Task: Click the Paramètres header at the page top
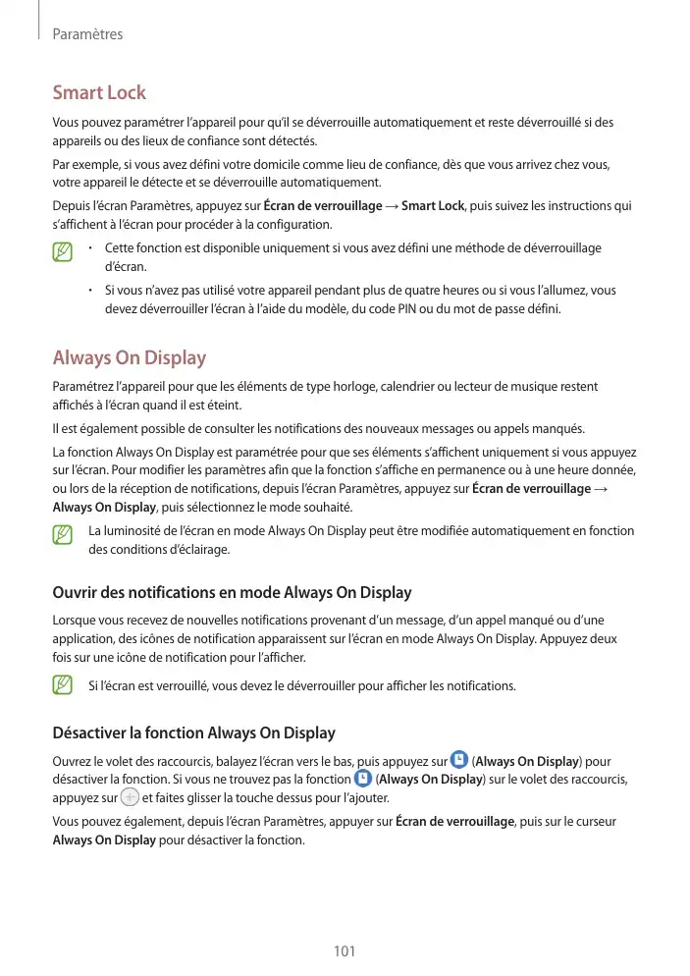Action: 87,34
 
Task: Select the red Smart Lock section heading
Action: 99,93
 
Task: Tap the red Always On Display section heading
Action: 129,357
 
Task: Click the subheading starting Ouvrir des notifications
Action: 231,592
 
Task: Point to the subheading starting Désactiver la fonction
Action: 193,732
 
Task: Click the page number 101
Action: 345,950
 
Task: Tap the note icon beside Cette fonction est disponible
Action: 64,252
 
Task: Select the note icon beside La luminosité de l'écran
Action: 64,535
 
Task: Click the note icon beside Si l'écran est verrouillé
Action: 64,684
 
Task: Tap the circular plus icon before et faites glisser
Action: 130,797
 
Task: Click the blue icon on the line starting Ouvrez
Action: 458,760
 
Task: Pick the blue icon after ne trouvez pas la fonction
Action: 362,779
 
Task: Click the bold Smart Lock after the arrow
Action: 433,206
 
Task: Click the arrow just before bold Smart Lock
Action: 391,206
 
